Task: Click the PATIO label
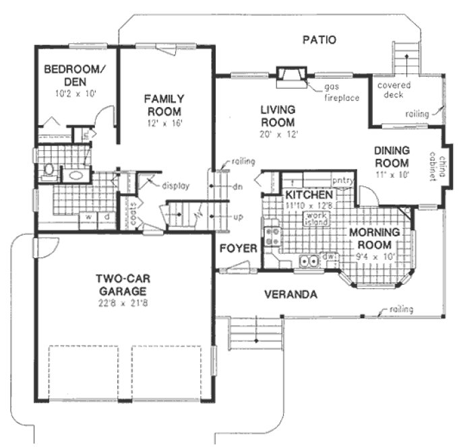(319, 40)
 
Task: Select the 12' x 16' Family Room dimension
(163, 123)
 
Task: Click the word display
(175, 186)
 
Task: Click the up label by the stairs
(237, 218)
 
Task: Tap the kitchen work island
(316, 219)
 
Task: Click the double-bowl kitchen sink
(309, 261)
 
